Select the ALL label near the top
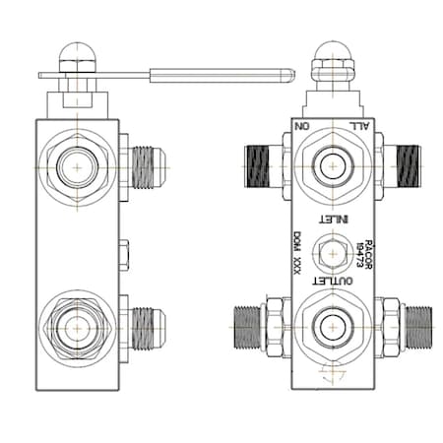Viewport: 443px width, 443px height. tap(361, 125)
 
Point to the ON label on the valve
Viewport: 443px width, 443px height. tap(303, 125)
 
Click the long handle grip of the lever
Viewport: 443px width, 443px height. tap(221, 73)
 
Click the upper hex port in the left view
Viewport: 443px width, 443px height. tap(77, 165)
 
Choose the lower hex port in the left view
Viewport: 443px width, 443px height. tap(77, 326)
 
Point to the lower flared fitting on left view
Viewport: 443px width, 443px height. tap(147, 324)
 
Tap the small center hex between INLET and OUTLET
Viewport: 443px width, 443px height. tap(333, 250)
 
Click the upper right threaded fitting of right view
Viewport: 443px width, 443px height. tap(404, 165)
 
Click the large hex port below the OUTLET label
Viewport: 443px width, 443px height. tap(332, 324)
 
